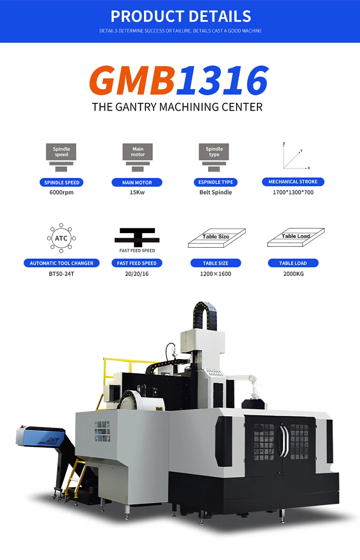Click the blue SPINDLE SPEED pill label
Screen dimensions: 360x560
(x=61, y=183)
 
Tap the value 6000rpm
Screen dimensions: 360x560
(x=61, y=192)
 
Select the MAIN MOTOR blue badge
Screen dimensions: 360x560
(x=137, y=183)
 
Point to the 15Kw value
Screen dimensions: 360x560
(x=137, y=192)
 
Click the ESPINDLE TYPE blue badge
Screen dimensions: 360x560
(x=216, y=182)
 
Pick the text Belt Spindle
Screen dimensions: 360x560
(x=216, y=192)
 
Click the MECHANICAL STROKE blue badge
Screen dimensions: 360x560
(x=293, y=182)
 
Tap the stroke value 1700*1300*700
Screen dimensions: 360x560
(x=293, y=192)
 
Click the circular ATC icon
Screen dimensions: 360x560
(x=61, y=238)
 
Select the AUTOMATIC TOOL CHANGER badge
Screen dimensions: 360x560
(x=61, y=263)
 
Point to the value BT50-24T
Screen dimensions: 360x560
(x=61, y=274)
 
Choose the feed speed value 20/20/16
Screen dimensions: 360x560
(x=137, y=274)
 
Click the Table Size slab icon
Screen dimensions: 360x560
(x=217, y=238)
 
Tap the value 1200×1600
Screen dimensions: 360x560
(x=216, y=274)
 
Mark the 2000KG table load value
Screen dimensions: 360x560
(x=293, y=274)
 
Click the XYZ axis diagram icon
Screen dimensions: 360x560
(x=296, y=156)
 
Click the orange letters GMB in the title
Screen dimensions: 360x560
(x=132, y=80)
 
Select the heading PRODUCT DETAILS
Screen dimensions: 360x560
(x=181, y=16)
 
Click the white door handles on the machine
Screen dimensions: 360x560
(x=284, y=441)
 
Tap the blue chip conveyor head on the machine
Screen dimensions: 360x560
(x=40, y=436)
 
